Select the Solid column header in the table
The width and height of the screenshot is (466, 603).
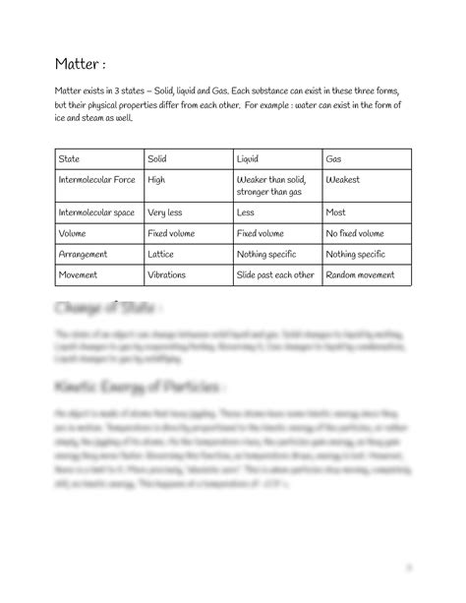click(x=157, y=157)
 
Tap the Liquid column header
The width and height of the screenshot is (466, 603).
click(x=249, y=157)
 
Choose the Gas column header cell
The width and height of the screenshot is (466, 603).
click(x=334, y=157)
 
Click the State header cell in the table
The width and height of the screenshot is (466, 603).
click(x=70, y=157)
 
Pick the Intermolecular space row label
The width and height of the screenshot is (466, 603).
click(x=96, y=211)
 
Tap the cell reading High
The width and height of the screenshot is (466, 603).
click(x=155, y=180)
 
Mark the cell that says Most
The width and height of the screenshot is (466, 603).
click(x=335, y=211)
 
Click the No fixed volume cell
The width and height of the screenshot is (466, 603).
click(x=355, y=233)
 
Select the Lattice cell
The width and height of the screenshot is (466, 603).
click(x=160, y=254)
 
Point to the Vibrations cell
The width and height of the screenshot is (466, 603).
click(x=166, y=274)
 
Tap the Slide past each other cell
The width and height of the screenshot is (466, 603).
click(x=276, y=274)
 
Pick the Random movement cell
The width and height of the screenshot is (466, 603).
click(x=360, y=274)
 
